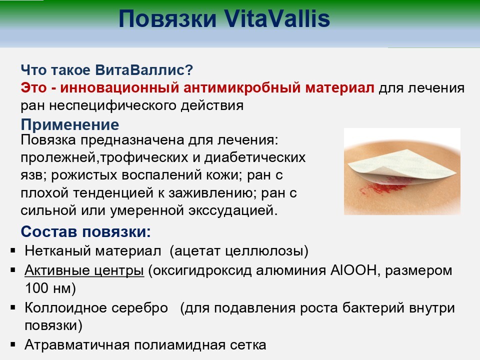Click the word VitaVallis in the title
(x=277, y=18)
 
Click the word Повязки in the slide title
(x=168, y=19)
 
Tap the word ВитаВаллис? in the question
(x=144, y=70)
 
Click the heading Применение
(x=70, y=124)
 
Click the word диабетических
(x=255, y=157)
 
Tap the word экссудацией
(x=233, y=210)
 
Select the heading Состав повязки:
(x=85, y=231)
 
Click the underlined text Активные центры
(x=84, y=270)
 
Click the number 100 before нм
(x=37, y=288)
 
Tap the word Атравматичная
(x=77, y=345)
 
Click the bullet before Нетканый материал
(x=13, y=250)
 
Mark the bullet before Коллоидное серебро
(x=13, y=307)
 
